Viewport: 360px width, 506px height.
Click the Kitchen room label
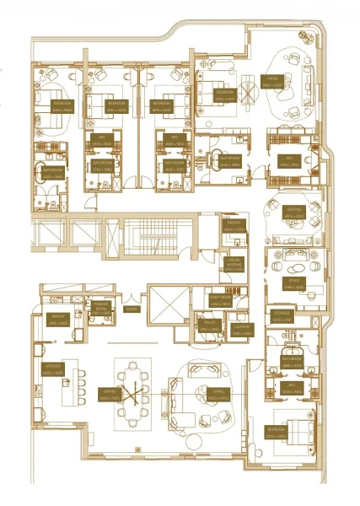pos(52,368)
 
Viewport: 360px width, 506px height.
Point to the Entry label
pos(132,310)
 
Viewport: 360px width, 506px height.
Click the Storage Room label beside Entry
pos(102,309)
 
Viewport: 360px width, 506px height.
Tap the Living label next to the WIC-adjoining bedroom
pos(271,84)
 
